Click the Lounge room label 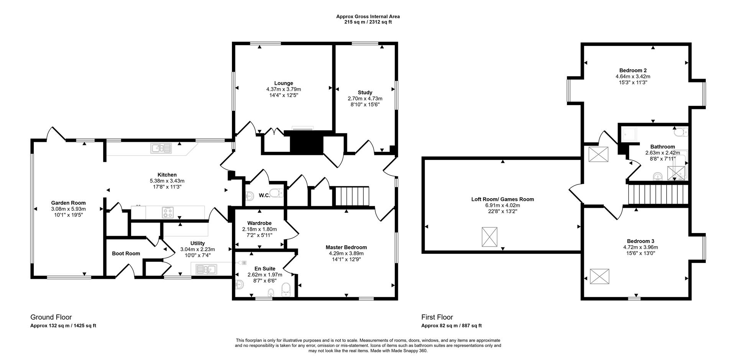[x=283, y=83]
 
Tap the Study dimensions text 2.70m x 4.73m [x=365, y=99]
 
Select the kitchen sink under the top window [x=161, y=148]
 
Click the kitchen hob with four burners [x=168, y=212]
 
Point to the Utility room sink [x=206, y=270]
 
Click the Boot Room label [x=126, y=253]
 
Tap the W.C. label [x=264, y=196]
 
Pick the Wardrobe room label [x=259, y=223]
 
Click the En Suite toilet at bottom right [x=286, y=290]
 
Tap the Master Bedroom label [x=346, y=247]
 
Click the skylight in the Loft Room [x=489, y=237]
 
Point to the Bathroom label [x=662, y=146]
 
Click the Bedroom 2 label [x=633, y=70]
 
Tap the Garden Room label [x=68, y=203]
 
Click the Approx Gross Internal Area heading [x=368, y=16]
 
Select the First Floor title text [x=437, y=317]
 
